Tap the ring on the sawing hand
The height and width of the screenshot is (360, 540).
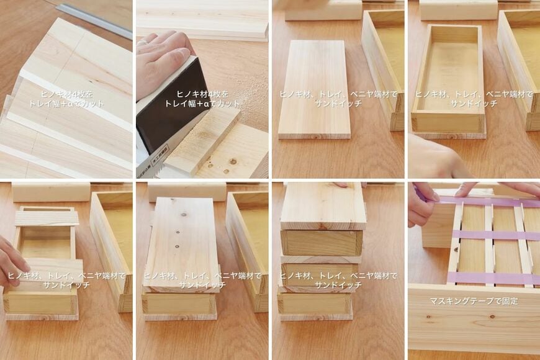(x=143, y=42)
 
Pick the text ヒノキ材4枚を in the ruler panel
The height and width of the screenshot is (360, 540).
(x=66, y=94)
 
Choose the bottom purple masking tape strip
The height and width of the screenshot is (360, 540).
(x=490, y=277)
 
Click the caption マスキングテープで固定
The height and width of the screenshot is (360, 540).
(x=474, y=301)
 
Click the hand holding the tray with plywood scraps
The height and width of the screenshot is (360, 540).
(x=11, y=261)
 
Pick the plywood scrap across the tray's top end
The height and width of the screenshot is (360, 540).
(x=47, y=218)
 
